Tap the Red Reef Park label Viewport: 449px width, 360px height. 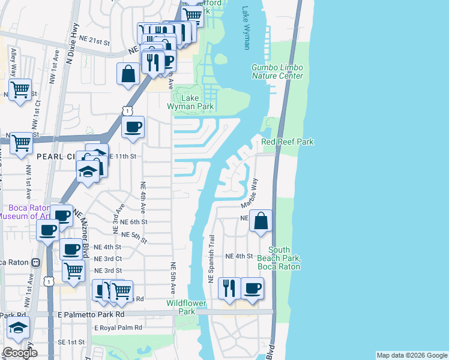[x=288, y=142]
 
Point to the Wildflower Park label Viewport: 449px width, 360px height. [x=181, y=307]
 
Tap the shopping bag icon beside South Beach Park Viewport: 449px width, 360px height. [x=261, y=220]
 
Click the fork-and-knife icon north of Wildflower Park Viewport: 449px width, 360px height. [x=229, y=288]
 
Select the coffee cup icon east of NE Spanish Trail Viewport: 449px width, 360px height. [x=252, y=288]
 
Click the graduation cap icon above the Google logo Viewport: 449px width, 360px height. [x=18, y=328]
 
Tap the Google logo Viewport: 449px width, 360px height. [x=19, y=353]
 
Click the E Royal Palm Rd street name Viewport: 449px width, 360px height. [x=118, y=328]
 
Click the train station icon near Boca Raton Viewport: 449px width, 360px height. [x=35, y=262]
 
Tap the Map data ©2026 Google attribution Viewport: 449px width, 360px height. [x=412, y=355]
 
